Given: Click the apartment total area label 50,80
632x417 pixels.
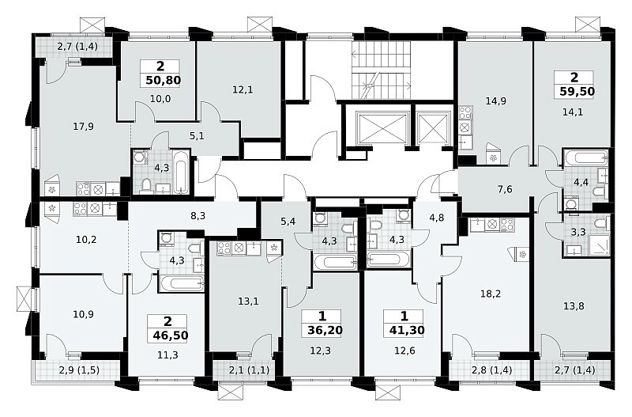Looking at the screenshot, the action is [x=164, y=80].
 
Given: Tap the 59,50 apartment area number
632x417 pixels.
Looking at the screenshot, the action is [x=577, y=91].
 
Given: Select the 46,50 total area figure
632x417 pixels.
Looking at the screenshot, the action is [x=171, y=335].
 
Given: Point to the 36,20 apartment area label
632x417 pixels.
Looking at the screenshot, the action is [x=325, y=330].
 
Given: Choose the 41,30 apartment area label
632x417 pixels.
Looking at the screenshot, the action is [x=407, y=330].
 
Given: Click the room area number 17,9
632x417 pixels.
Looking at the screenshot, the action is [x=84, y=127].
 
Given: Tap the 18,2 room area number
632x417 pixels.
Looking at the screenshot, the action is [x=491, y=294].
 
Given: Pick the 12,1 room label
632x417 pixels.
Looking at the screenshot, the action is [x=243, y=89].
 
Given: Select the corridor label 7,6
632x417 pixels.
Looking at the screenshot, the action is [x=505, y=188].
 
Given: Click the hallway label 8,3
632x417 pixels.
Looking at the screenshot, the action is [x=198, y=216].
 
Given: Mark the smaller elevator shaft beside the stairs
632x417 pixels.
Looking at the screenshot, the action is [x=433, y=128].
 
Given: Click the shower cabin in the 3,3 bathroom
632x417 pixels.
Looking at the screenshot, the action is [x=599, y=245].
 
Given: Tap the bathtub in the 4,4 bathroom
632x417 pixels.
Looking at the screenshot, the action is [x=585, y=157].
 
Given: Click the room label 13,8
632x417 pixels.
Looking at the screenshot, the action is [x=574, y=305].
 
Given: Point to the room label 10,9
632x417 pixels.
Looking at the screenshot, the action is [x=84, y=313].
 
